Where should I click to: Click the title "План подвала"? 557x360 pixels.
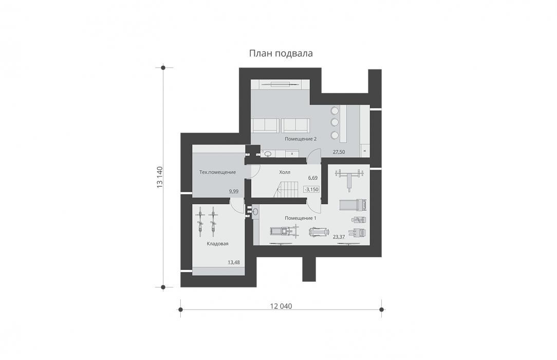[x=281, y=53]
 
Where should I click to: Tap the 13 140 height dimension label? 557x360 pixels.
[x=159, y=177]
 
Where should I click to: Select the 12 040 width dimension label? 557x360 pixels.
[x=281, y=306]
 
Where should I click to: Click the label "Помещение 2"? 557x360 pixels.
[x=301, y=139]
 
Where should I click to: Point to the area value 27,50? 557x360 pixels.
[x=339, y=152]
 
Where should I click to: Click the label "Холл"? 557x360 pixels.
[x=285, y=172]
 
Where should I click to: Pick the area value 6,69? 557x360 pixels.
[x=313, y=178]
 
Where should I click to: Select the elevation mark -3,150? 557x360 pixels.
[x=311, y=190]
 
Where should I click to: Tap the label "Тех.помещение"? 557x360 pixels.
[x=217, y=172]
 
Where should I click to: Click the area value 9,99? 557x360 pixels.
[x=234, y=191]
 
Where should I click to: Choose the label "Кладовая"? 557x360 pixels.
[x=217, y=244]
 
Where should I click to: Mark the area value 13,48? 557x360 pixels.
[x=234, y=263]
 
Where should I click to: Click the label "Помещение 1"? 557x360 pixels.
[x=301, y=218]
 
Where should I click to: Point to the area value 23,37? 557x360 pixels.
[x=339, y=237]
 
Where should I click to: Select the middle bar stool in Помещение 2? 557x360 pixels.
[x=335, y=122]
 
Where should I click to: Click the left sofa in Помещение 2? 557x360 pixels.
[x=265, y=125]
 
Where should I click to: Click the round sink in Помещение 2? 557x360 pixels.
[x=268, y=154]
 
